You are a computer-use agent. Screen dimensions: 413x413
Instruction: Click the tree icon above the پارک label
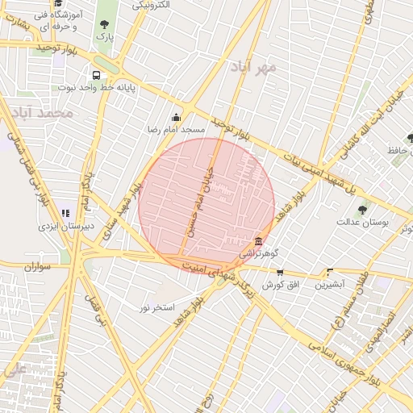pyautogui.click(x=103, y=24)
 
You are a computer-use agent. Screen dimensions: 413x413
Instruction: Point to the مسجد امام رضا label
pyautogui.click(x=176, y=129)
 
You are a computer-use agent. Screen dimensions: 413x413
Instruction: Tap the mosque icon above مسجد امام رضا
pyautogui.click(x=177, y=118)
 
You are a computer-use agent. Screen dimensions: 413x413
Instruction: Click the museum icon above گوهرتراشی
pyautogui.click(x=257, y=241)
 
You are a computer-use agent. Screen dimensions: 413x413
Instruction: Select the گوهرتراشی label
pyautogui.click(x=257, y=253)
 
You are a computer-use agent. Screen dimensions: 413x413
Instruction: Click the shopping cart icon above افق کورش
pyautogui.click(x=280, y=273)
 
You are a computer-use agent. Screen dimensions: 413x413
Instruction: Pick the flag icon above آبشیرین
pyautogui.click(x=329, y=273)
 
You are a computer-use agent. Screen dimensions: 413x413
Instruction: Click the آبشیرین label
pyautogui.click(x=329, y=285)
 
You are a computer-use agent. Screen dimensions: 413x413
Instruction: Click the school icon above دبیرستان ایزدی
pyautogui.click(x=65, y=214)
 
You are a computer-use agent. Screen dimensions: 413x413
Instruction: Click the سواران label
pyautogui.click(x=37, y=265)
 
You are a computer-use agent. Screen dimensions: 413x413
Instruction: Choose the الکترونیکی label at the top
pyautogui.click(x=152, y=6)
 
